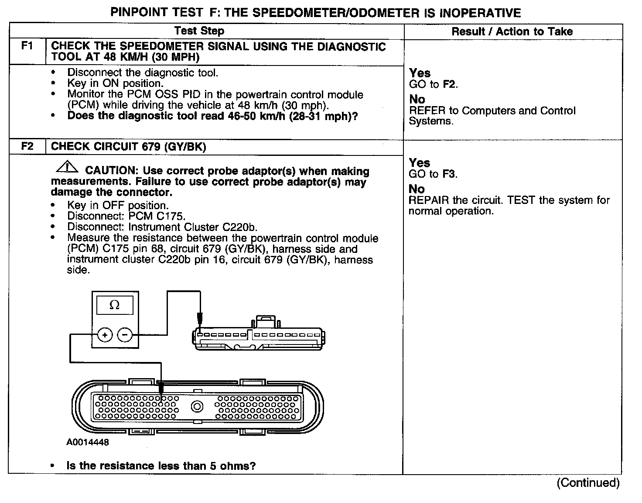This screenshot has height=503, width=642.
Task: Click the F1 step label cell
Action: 27,46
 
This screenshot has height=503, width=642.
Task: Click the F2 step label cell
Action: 27,146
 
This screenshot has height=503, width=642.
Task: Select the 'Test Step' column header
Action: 199,31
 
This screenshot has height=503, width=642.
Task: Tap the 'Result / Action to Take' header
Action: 512,31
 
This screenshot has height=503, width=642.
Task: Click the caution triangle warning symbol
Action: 67,167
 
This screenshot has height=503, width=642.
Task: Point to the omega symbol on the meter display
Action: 115,305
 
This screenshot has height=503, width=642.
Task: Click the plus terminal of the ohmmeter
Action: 105,335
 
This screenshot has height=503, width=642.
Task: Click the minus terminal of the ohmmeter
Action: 125,335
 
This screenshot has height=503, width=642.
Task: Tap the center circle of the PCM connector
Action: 197,407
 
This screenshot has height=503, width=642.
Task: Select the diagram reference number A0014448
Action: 88,442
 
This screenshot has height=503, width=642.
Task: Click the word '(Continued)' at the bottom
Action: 588,482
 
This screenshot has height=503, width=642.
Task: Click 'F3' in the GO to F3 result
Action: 449,174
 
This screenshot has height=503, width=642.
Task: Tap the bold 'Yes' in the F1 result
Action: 420,73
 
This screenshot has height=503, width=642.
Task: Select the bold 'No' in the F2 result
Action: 417,189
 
